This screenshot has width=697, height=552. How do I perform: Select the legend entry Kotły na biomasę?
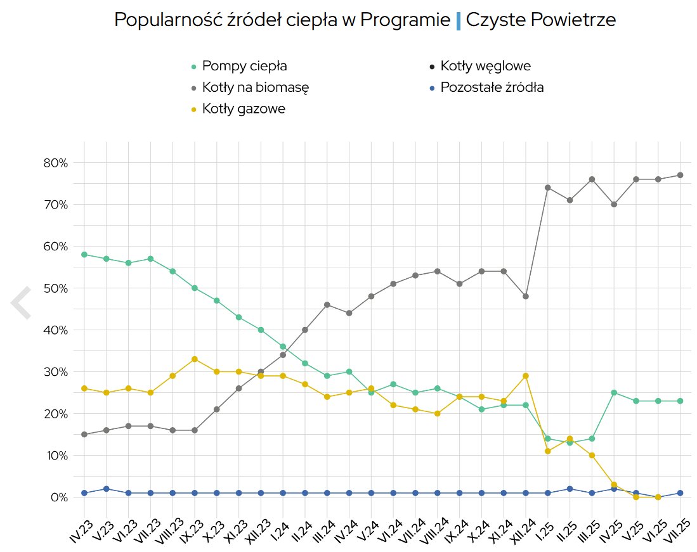point(255,87)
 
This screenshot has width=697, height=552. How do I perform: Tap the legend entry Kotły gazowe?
point(244,109)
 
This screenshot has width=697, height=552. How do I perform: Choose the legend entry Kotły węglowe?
point(485,66)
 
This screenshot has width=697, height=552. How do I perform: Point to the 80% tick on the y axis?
point(55,163)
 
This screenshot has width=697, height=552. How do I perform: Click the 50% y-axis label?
point(55,288)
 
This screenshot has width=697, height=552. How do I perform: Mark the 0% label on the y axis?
point(58,497)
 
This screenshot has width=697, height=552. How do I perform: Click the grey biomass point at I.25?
point(547,188)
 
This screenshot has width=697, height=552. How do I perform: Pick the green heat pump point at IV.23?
point(84,255)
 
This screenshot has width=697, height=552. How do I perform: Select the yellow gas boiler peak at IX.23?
point(195,359)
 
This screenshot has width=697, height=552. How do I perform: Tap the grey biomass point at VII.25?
point(680,175)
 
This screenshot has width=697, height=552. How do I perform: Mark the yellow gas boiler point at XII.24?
point(525,376)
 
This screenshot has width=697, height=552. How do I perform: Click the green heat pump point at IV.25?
point(614,393)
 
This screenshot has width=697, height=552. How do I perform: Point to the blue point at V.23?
point(107,489)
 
